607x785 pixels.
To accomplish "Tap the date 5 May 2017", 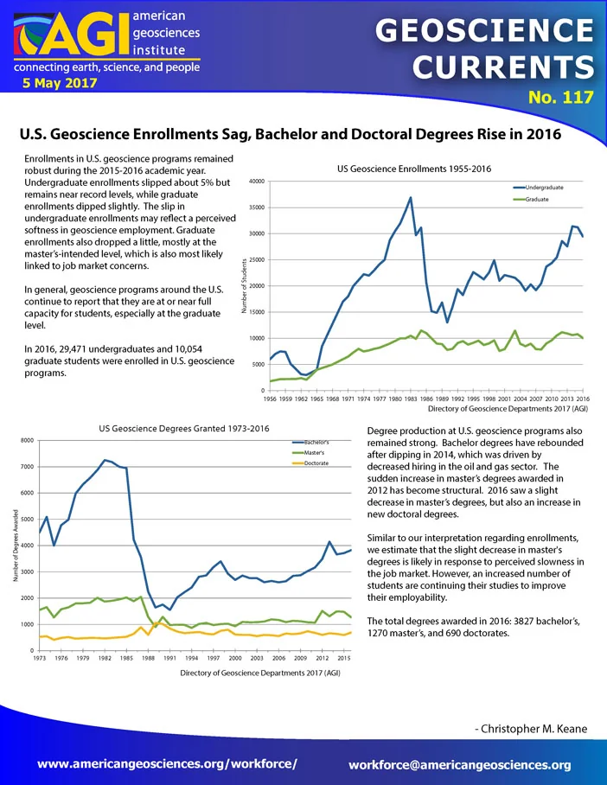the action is click(60, 83).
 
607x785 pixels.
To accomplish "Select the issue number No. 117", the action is click(561, 97).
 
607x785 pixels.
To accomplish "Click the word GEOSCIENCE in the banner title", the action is click(484, 30).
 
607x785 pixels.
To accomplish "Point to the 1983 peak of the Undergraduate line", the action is click(411, 197).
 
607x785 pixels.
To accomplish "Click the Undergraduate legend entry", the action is click(539, 188).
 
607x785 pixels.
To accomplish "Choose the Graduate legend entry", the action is click(531, 199).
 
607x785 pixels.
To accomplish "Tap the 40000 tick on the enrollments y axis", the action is click(257, 182).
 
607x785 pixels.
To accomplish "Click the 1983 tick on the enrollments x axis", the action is click(411, 399).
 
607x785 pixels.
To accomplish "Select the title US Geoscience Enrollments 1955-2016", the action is click(414, 169).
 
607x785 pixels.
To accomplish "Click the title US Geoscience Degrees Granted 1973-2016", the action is click(184, 429).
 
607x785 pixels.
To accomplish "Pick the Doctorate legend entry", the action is click(310, 463).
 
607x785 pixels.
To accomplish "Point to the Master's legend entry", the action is click(308, 452).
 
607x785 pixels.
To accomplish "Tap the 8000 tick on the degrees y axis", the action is click(27, 441).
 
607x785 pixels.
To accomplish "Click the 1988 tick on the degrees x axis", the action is click(148, 658).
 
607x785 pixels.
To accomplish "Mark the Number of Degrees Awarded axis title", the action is click(16, 546).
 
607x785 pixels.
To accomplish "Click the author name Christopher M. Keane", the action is click(531, 729).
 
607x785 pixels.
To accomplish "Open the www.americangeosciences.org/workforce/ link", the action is click(167, 763).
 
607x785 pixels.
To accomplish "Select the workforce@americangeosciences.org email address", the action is click(460, 765).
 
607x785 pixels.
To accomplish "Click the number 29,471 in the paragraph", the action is click(69, 349).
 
